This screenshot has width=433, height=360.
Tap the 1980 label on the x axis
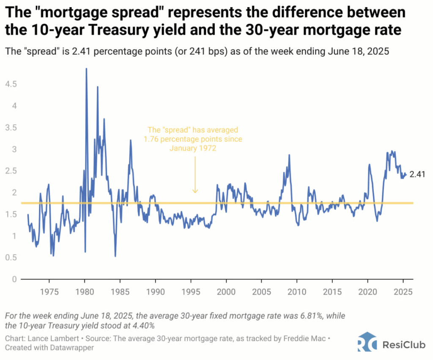[x=85, y=292]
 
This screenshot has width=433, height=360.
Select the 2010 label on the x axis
[x=297, y=292]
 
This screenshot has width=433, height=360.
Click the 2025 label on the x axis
[x=403, y=292]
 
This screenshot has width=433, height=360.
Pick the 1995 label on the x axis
[x=191, y=292]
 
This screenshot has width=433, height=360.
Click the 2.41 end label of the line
[x=417, y=174]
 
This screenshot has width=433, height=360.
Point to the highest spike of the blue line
[x=86, y=69]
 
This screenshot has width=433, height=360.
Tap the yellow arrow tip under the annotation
[x=195, y=192]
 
